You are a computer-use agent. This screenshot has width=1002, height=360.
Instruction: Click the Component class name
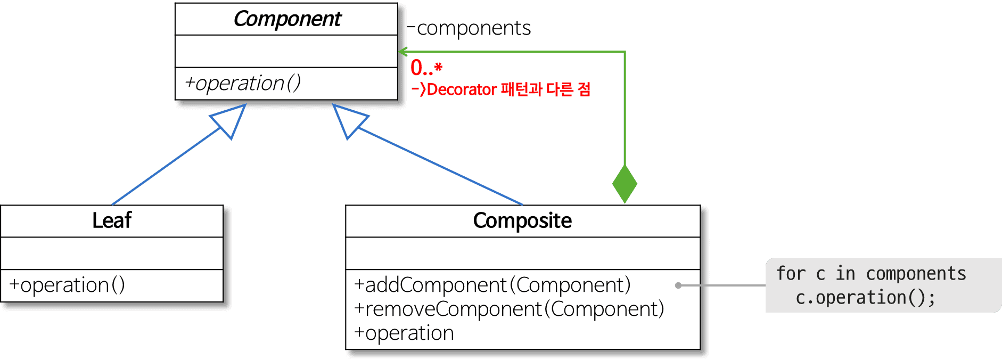click(x=287, y=19)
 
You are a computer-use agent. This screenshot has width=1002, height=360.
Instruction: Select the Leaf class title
click(x=112, y=220)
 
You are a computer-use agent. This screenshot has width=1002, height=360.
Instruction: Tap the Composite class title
click(x=522, y=220)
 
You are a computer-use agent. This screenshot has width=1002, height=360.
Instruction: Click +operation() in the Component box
click(x=243, y=84)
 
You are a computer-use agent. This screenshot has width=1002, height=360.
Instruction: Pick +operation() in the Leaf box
click(x=67, y=285)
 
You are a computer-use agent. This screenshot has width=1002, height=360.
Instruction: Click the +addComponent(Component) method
click(x=492, y=285)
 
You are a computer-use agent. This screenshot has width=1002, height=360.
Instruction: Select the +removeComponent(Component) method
click(x=509, y=309)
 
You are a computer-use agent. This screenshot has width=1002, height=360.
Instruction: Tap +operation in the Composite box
click(x=404, y=333)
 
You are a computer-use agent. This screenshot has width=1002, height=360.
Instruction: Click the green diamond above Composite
click(x=625, y=184)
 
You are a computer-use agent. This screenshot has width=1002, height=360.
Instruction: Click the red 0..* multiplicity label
click(x=426, y=68)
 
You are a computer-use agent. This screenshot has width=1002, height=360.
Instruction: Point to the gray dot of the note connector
click(x=678, y=285)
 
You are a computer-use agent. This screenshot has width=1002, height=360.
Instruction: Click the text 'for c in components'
click(x=870, y=274)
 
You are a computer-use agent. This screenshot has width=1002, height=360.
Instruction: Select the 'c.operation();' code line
click(x=865, y=298)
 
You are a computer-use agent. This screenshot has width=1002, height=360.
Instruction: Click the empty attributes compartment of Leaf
click(x=112, y=253)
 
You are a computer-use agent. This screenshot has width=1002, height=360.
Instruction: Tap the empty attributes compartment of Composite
click(x=522, y=253)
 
